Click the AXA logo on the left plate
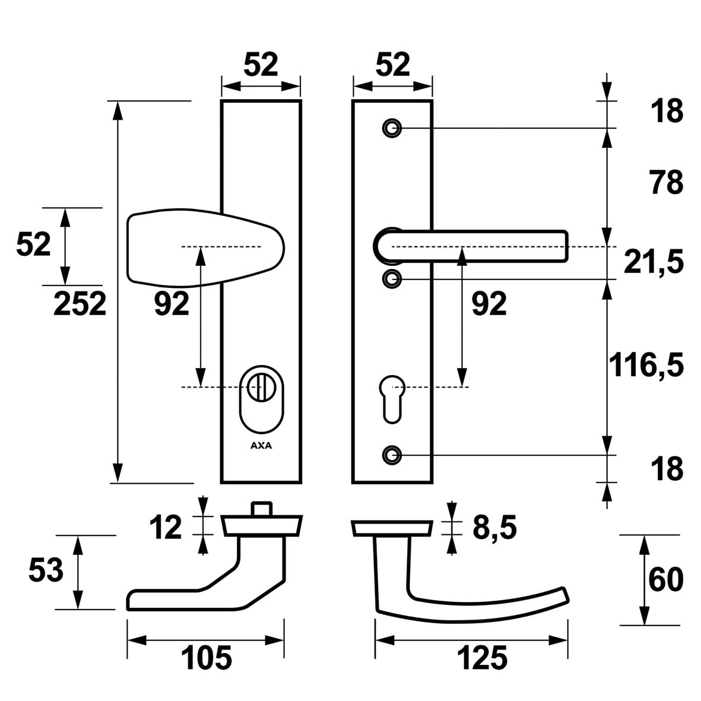(x=261, y=446)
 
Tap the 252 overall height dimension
(x=80, y=304)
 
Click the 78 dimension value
(x=666, y=183)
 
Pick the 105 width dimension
(x=206, y=658)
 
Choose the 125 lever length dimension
(x=482, y=658)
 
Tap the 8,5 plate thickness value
(x=494, y=527)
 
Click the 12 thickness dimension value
(x=165, y=528)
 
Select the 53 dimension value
(x=45, y=571)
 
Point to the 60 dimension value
(x=665, y=580)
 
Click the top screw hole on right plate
(x=391, y=128)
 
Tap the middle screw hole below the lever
(x=391, y=278)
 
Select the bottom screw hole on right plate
(x=391, y=455)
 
